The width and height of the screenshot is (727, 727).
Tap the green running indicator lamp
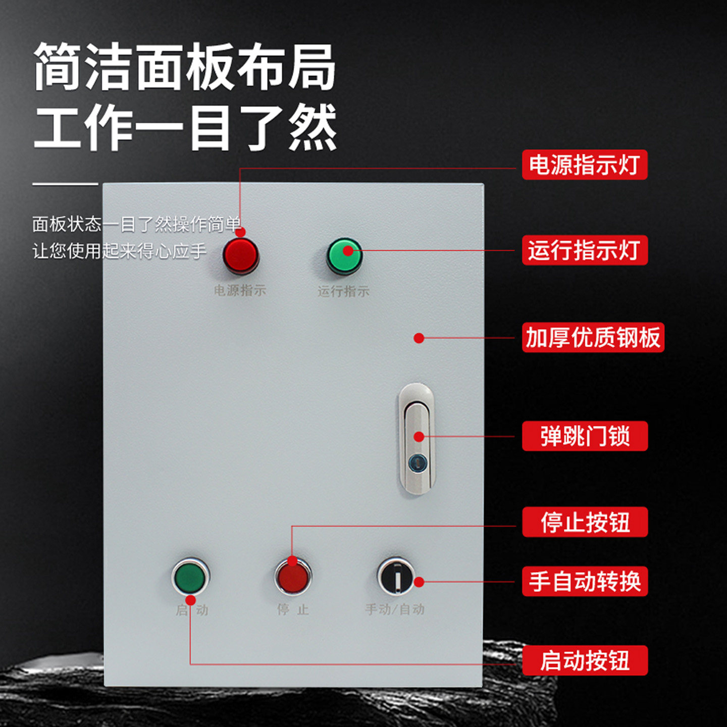(x=344, y=256)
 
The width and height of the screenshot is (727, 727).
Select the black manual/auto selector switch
(x=396, y=576)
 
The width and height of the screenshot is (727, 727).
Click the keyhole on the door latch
(x=417, y=461)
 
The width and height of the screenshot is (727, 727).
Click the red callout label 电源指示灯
(x=584, y=165)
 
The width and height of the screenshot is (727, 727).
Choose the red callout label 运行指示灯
(x=584, y=250)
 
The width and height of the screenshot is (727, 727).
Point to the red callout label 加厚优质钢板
(x=593, y=337)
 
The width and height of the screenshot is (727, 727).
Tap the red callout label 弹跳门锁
(x=584, y=436)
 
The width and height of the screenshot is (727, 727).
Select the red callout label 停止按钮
(x=584, y=522)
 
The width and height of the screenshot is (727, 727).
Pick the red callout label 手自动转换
(x=584, y=581)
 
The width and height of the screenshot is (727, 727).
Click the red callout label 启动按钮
(x=584, y=660)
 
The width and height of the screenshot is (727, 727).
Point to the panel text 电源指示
(x=240, y=290)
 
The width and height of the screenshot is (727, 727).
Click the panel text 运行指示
(x=343, y=291)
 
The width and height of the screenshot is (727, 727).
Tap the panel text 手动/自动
(x=395, y=609)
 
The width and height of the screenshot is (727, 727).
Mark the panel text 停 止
(x=293, y=609)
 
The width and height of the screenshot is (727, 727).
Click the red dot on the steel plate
(x=419, y=338)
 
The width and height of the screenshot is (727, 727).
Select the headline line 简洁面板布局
(x=185, y=67)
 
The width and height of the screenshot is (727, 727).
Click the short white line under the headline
(x=65, y=184)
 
